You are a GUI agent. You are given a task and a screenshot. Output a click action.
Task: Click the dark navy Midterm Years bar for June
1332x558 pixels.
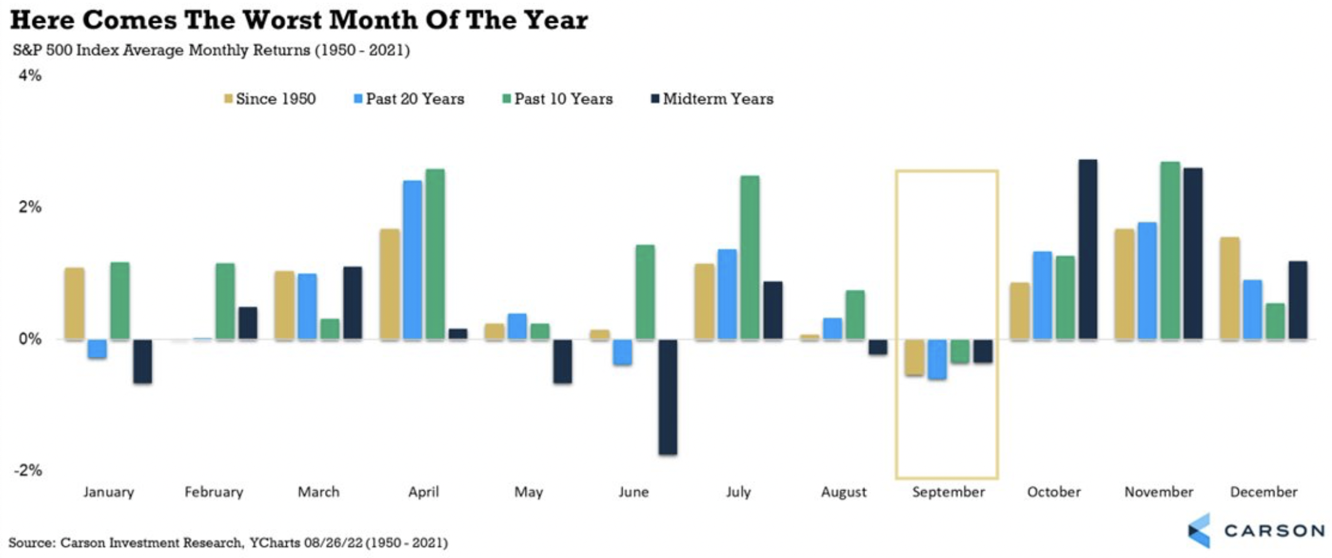[667, 396]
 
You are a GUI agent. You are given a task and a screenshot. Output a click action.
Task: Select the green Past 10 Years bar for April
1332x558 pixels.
[435, 254]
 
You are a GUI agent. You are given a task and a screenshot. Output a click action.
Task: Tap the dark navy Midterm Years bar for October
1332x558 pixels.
[1088, 249]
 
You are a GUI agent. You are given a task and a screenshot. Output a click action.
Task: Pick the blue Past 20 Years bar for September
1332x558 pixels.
[937, 359]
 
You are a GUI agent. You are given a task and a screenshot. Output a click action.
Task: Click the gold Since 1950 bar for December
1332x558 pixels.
[1230, 288]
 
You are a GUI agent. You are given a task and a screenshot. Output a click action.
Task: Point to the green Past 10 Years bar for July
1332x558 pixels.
[750, 257]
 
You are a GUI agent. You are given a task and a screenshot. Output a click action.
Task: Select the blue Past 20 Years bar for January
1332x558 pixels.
[97, 349]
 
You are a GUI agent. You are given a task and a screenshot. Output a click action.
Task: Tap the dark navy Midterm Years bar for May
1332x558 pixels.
[562, 361]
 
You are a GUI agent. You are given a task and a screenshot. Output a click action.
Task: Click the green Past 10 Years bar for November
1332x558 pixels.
[1170, 250]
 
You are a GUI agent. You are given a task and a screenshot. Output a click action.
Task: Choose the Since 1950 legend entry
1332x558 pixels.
[270, 99]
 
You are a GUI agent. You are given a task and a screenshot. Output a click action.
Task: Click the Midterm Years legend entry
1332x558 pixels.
[712, 99]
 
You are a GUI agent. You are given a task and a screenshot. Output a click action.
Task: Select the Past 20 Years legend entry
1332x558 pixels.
[409, 99]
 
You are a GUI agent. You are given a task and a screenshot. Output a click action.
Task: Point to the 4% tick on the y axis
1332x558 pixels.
[30, 75]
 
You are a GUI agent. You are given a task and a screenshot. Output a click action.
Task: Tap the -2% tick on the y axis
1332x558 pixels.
[28, 470]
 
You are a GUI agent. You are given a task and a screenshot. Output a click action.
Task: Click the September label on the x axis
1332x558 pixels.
[948, 492]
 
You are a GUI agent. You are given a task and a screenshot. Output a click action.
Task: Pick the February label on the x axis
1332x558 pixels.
[214, 492]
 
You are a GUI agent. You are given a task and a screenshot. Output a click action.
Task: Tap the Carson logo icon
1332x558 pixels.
[1199, 531]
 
